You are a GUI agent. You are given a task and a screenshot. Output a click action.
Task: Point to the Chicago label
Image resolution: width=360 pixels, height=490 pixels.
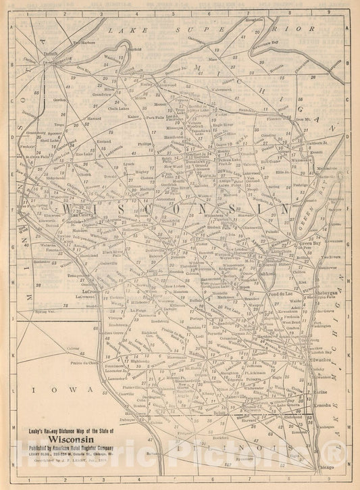325,466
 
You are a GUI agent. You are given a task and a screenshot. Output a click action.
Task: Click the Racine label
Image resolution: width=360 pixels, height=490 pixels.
317,390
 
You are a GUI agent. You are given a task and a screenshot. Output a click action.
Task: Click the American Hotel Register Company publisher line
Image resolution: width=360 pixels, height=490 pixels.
75,447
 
